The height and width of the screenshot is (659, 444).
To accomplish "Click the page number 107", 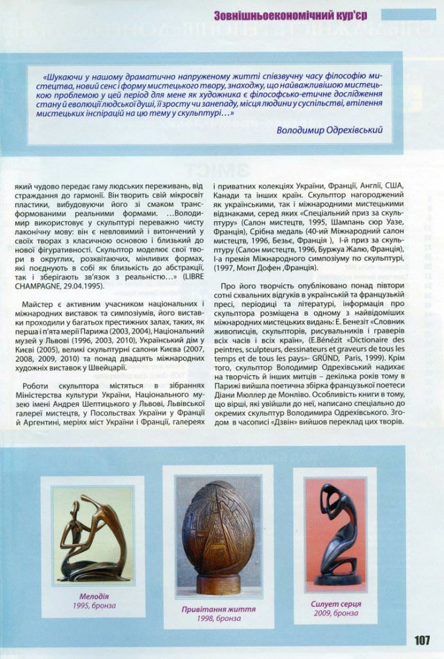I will [422, 640].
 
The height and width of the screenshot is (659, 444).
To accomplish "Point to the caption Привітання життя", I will [218, 609].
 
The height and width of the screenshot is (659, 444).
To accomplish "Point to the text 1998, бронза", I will [218, 619].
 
